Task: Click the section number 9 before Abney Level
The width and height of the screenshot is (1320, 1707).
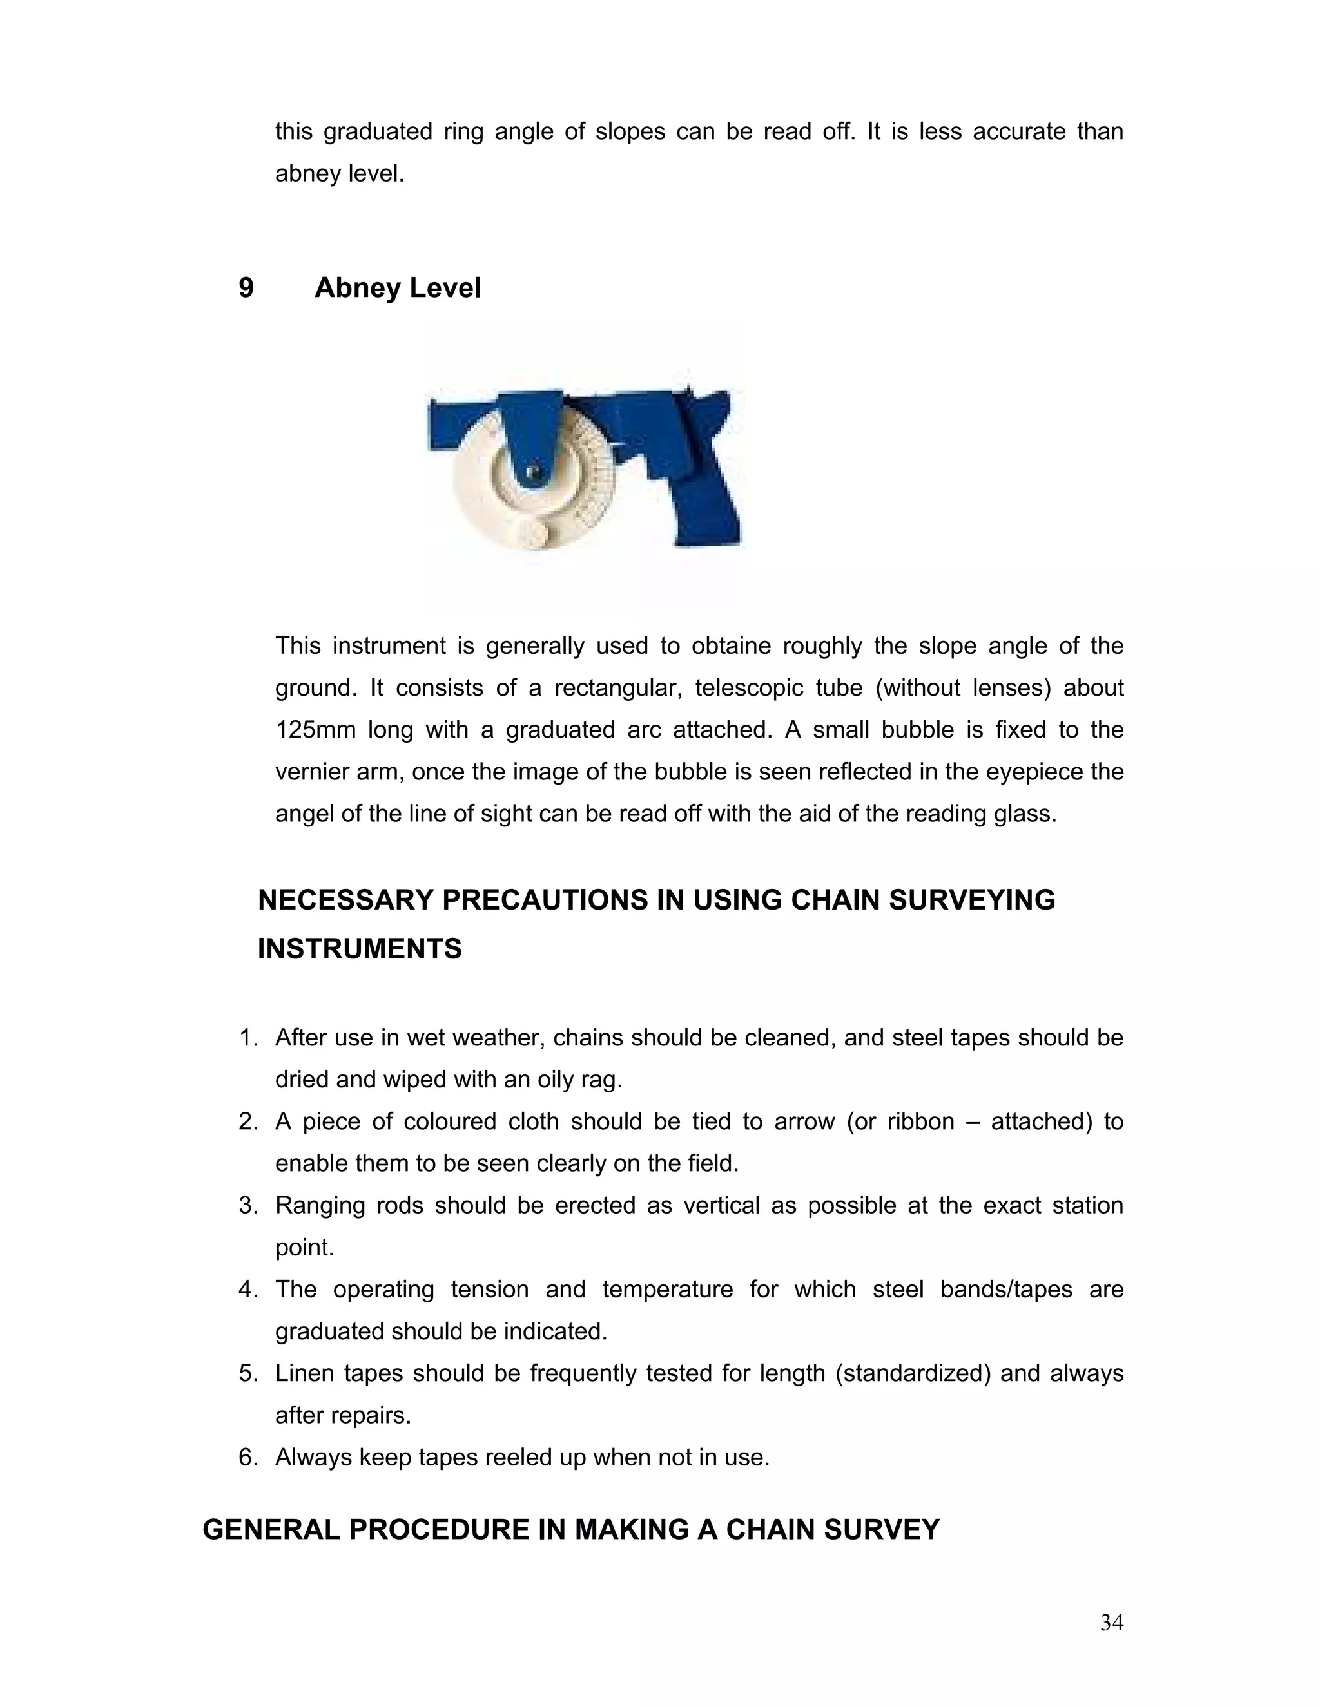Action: [x=246, y=289]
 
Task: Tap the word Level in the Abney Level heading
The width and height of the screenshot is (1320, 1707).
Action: [x=444, y=289]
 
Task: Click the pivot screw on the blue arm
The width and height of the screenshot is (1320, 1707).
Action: [x=532, y=472]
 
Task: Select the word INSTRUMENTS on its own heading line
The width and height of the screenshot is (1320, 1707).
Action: [x=360, y=949]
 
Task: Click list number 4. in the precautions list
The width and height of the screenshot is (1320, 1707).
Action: [x=248, y=1289]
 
